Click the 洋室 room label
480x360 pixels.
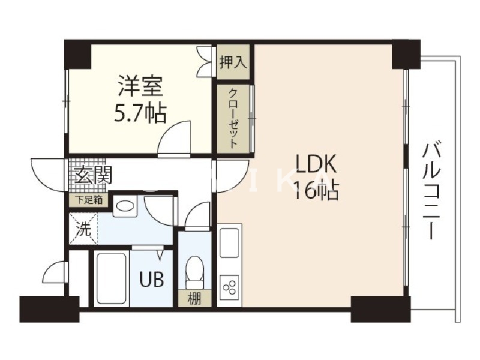(x=140, y=87)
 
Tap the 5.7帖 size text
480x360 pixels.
(x=140, y=112)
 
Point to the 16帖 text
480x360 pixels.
(x=317, y=191)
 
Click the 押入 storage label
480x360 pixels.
(x=232, y=62)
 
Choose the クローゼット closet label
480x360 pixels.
(x=233, y=118)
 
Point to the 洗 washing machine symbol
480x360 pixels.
(x=83, y=228)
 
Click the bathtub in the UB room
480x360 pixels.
(x=110, y=278)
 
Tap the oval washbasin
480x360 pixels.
(x=125, y=206)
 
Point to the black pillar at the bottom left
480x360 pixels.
(x=49, y=309)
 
